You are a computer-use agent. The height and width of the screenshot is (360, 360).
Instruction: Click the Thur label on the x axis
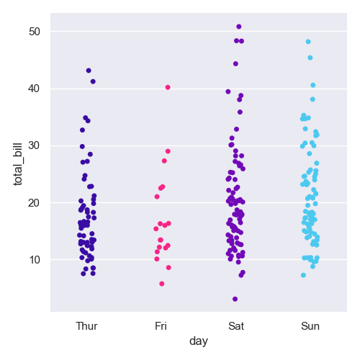(86, 326)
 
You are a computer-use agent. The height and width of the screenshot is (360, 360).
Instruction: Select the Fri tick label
(161, 326)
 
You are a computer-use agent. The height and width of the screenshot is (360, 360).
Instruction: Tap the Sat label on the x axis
(236, 326)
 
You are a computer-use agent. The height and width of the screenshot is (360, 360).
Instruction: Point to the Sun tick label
(310, 326)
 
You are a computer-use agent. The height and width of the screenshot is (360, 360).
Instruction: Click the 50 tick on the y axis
(35, 32)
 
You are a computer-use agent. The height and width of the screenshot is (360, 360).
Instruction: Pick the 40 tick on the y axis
(35, 89)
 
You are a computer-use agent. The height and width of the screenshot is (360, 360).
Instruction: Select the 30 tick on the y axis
(35, 145)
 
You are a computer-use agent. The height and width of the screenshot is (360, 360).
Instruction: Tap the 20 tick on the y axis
(35, 203)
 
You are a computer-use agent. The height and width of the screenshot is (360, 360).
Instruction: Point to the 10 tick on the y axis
(35, 260)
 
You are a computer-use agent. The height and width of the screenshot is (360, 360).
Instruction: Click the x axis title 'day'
(199, 341)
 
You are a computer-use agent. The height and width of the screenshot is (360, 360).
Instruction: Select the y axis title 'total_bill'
(18, 164)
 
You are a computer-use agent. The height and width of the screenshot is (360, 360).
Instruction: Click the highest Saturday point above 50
(239, 27)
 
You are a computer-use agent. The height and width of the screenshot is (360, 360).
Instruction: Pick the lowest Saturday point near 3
(235, 299)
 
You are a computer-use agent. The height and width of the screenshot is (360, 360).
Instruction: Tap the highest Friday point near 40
(168, 87)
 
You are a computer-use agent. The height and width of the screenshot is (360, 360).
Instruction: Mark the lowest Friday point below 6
(162, 284)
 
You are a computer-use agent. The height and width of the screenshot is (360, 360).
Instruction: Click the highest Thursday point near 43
(89, 71)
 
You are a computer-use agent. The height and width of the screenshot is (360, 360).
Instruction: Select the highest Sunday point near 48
(308, 42)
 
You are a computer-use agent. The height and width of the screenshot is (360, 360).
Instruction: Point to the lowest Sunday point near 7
(303, 275)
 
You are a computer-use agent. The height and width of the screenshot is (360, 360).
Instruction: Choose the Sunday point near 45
(310, 58)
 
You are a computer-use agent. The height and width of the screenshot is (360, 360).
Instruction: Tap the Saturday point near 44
(235, 64)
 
